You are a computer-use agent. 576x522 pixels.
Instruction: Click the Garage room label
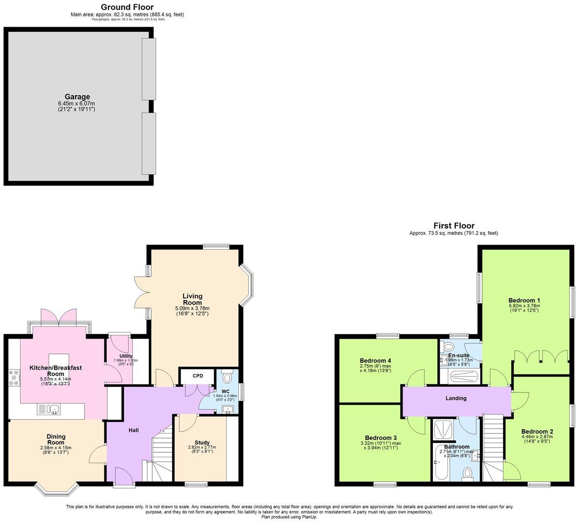(77, 97)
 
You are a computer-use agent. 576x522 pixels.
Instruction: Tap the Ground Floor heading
(127, 7)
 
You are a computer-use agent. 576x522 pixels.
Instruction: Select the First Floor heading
(454, 226)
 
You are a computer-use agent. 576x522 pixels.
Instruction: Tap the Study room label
(202, 442)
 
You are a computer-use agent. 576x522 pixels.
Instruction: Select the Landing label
(456, 398)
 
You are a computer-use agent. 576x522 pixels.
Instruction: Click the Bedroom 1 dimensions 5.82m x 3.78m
(524, 305)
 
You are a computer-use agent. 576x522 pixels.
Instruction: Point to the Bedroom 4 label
(375, 361)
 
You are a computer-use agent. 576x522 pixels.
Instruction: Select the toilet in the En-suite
(448, 347)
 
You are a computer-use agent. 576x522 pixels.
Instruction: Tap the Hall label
(134, 430)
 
